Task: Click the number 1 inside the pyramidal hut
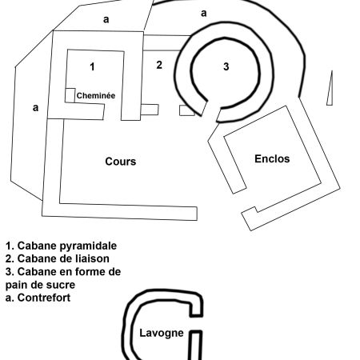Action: (92, 66)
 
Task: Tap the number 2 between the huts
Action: (159, 65)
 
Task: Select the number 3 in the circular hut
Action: (226, 66)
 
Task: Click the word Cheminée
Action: (96, 95)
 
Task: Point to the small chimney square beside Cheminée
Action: (70, 95)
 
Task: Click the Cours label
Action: (121, 162)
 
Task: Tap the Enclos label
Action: (272, 158)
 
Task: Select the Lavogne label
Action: (162, 333)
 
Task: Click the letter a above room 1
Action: (106, 19)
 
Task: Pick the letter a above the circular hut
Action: (204, 13)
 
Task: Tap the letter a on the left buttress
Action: (35, 108)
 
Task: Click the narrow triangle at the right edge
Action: (330, 90)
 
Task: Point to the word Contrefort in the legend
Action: (44, 298)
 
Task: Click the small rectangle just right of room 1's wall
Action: (150, 110)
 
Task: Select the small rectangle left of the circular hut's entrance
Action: (187, 110)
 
